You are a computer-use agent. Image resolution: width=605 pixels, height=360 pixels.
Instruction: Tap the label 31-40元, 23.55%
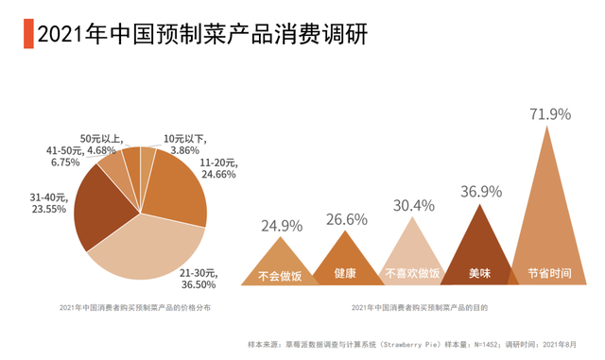pos(48,203)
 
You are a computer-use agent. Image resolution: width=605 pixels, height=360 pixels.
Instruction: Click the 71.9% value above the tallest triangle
pos(549,114)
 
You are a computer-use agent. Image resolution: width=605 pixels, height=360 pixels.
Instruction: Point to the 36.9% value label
pos(481,192)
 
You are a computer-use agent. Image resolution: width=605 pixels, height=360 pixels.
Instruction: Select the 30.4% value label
pos(413,205)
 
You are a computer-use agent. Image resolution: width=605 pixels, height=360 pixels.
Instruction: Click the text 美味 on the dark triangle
pos(481,274)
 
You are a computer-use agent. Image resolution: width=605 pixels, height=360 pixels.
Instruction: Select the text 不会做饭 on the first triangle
pos(280,275)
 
